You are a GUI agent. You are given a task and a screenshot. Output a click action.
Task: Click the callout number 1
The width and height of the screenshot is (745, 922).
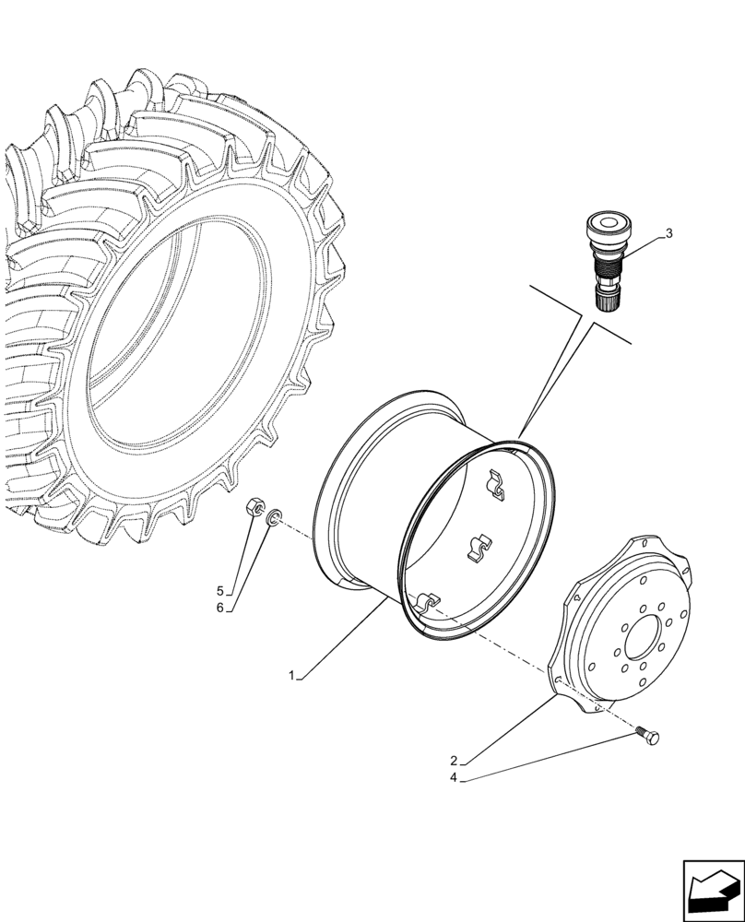pyautogui.click(x=291, y=676)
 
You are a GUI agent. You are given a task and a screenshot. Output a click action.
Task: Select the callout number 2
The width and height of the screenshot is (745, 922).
pyautogui.click(x=454, y=762)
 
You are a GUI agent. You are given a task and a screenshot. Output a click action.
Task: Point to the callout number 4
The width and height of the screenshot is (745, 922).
pyautogui.click(x=454, y=780)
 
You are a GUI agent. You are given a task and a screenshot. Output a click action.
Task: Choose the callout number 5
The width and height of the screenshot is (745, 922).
pyautogui.click(x=220, y=591)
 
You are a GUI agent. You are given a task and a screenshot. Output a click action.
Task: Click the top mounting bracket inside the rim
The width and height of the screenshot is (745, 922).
pyautogui.click(x=497, y=485)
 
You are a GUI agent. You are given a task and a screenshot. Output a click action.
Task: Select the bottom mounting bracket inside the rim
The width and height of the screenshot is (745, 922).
pyautogui.click(x=424, y=603)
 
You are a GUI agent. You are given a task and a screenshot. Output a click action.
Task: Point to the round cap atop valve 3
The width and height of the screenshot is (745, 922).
pyautogui.click(x=609, y=223)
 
